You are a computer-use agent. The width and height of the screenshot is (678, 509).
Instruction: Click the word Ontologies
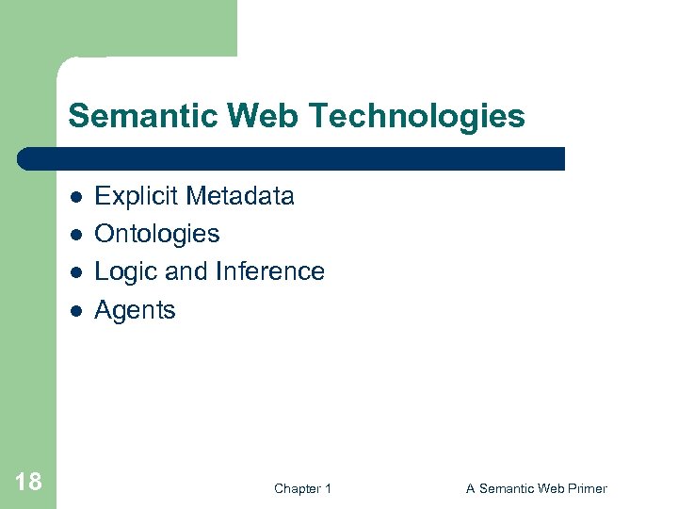[x=157, y=234]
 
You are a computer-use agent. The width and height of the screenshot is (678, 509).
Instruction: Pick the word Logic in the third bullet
[x=126, y=271]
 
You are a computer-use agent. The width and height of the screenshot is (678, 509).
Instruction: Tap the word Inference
[x=270, y=271]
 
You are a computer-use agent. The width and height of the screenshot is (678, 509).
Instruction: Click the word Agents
[x=135, y=310]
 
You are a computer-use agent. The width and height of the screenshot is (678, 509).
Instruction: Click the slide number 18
[x=28, y=483]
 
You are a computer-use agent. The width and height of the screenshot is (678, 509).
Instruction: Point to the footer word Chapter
[x=297, y=488]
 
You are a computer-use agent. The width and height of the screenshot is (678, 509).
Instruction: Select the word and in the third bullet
[x=186, y=271]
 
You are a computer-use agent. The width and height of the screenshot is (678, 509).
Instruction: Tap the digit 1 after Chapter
[x=328, y=488]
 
